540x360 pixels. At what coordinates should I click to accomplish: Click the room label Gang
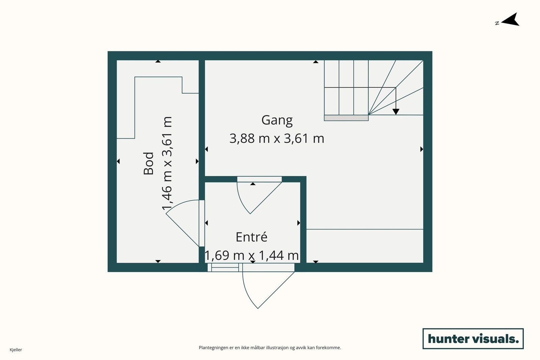click(277, 120)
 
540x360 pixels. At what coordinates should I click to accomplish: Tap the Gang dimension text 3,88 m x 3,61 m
click(277, 139)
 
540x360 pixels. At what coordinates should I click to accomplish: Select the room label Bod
click(148, 163)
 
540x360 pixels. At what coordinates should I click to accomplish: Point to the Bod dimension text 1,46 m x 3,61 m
click(167, 163)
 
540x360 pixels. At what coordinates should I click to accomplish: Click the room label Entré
click(251, 237)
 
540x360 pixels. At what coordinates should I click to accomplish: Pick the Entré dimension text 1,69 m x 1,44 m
click(252, 255)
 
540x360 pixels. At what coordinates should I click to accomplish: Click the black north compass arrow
click(511, 20)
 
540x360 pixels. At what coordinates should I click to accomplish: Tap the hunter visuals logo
click(473, 338)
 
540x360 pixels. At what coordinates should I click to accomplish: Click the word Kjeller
click(16, 350)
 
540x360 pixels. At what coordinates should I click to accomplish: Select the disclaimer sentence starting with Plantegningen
click(270, 348)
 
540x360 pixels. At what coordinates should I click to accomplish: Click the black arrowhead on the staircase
click(396, 112)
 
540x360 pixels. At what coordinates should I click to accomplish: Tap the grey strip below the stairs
click(346, 118)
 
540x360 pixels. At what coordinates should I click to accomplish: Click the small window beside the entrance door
click(223, 268)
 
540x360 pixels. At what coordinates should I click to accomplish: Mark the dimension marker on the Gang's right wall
click(422, 149)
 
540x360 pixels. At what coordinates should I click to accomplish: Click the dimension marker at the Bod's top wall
click(158, 61)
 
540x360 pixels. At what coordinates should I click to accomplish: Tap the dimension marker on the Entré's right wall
click(299, 223)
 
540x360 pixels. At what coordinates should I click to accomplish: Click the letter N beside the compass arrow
click(497, 23)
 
